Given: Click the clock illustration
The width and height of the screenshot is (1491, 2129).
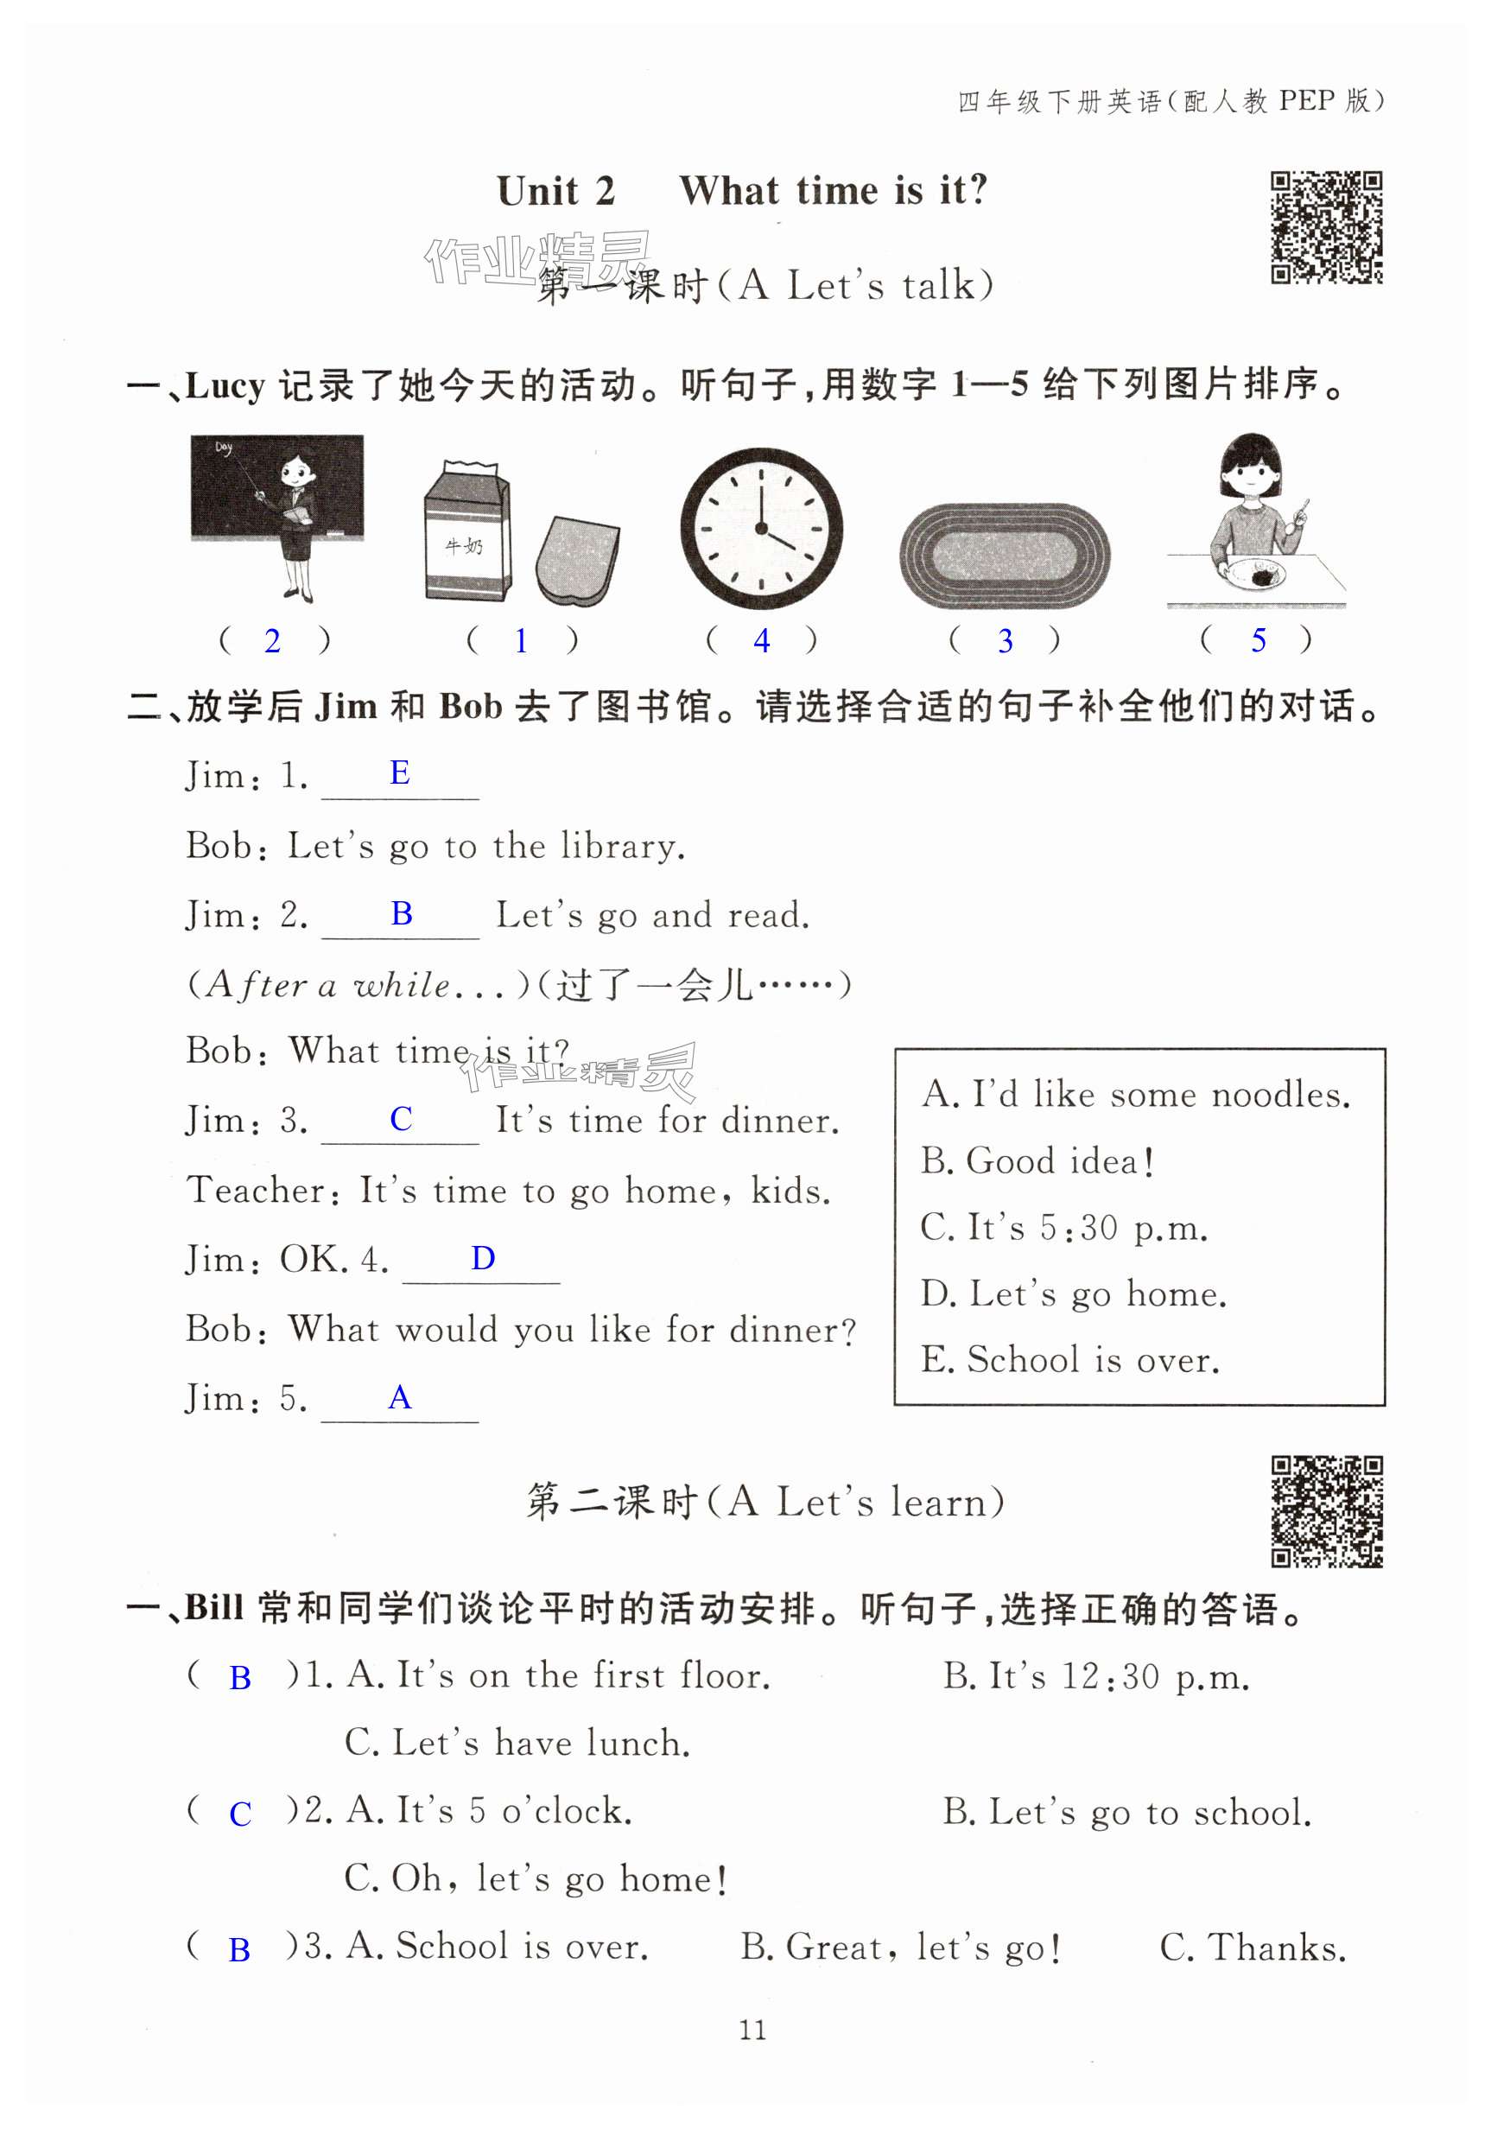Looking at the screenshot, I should click(761, 529).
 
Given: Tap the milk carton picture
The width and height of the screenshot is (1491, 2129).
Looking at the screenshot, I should click(467, 533).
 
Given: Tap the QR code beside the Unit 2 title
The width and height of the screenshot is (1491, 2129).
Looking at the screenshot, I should click(1326, 227).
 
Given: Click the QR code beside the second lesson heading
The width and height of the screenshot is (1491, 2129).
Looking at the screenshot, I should click(1326, 1511).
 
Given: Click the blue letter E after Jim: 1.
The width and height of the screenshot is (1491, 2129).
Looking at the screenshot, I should click(400, 773).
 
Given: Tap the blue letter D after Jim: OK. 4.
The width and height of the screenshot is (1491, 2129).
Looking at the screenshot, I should click(483, 1258).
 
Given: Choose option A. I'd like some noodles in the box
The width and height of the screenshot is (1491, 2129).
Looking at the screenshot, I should click(1136, 1095).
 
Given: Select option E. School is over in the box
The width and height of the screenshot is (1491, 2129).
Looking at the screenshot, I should click(1070, 1360).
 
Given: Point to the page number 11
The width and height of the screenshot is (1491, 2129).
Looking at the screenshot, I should click(752, 2030).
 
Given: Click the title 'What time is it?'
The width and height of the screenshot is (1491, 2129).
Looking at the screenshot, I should click(834, 191).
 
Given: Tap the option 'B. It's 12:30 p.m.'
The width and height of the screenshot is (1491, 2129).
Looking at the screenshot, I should click(1096, 1676).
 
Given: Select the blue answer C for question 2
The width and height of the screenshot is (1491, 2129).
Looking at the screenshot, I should click(240, 1814).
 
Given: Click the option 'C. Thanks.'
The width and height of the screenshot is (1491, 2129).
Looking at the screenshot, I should click(1253, 1948).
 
